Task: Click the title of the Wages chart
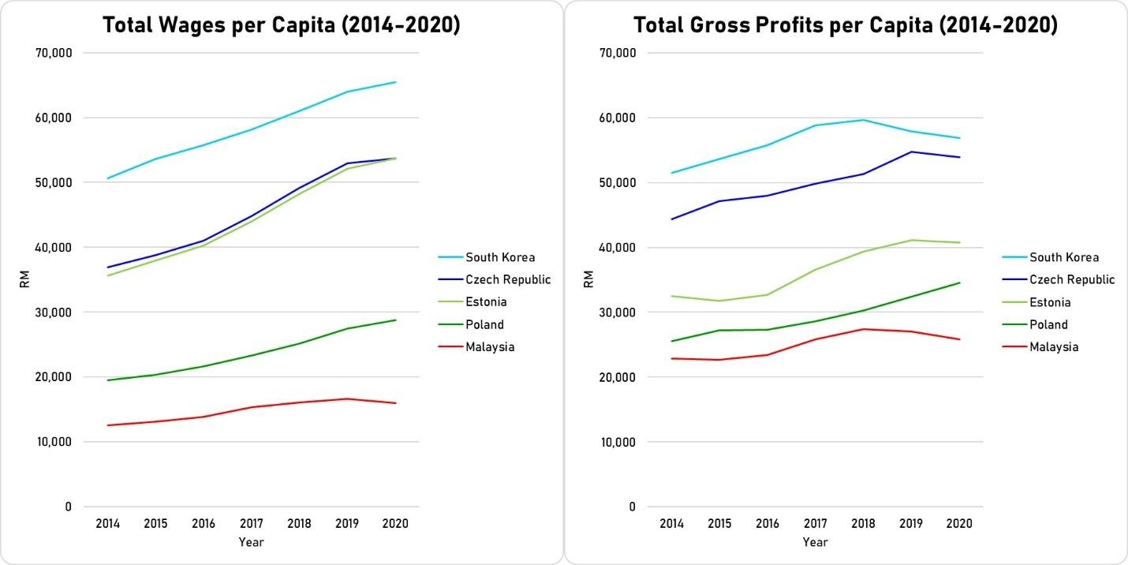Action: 282,25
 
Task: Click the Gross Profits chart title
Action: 846,25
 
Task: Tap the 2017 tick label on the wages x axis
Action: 252,523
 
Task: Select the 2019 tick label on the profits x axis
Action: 911,523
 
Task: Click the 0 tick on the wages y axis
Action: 67,507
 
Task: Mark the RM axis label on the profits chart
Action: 588,279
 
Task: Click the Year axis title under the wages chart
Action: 252,542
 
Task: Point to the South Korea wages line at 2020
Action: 395,82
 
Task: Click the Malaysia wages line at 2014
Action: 108,425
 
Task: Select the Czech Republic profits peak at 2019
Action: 911,152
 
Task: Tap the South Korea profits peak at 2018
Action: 863,120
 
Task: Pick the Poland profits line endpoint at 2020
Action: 959,282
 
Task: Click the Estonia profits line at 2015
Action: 719,301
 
